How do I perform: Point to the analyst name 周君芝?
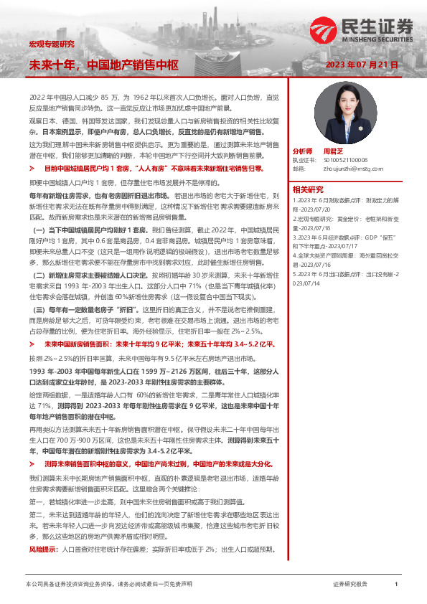[333, 152]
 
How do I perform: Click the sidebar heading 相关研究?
[307, 189]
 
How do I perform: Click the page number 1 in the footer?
[395, 585]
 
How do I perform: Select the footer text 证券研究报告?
[350, 585]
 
